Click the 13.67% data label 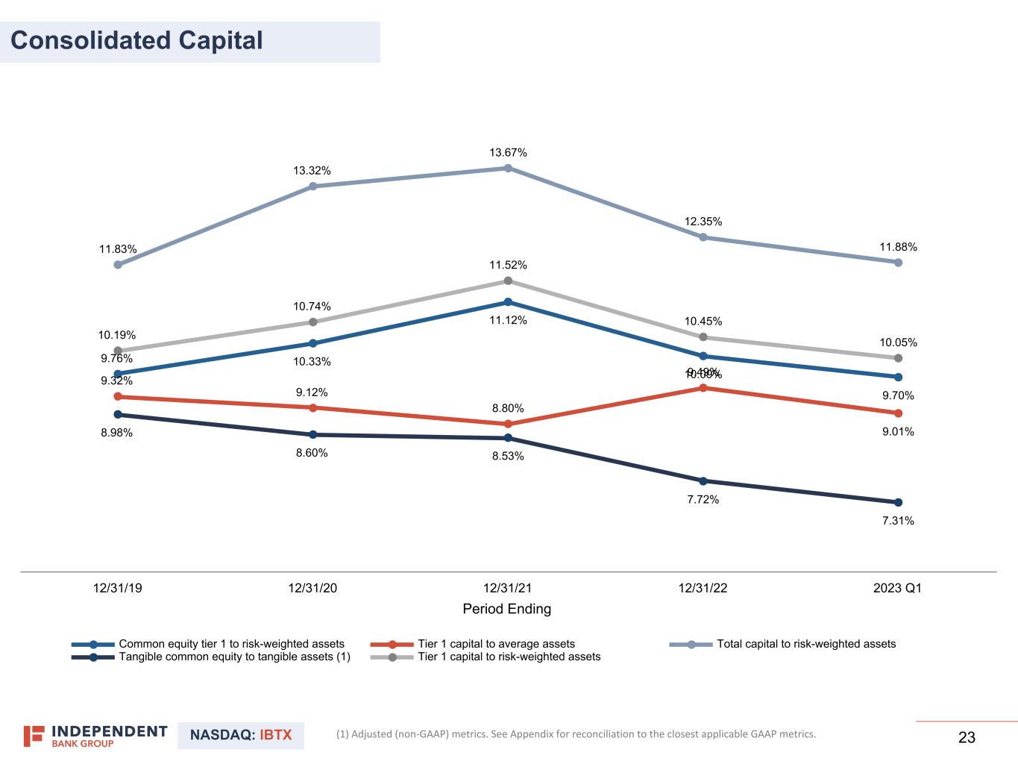point(508,153)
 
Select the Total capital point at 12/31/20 point(312,187)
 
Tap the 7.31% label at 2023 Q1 point(898,521)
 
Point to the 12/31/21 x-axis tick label point(508,588)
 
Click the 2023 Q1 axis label point(897,588)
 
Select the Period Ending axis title point(507,609)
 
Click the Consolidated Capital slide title point(137,40)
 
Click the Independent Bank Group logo point(95,736)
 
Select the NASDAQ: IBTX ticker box point(241,736)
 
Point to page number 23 point(967,738)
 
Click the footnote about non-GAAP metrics point(576,734)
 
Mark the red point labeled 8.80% point(508,424)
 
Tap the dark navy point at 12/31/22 point(703,481)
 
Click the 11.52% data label point(508,265)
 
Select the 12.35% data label point(703,222)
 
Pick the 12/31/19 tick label point(117,588)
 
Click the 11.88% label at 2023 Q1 point(898,247)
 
